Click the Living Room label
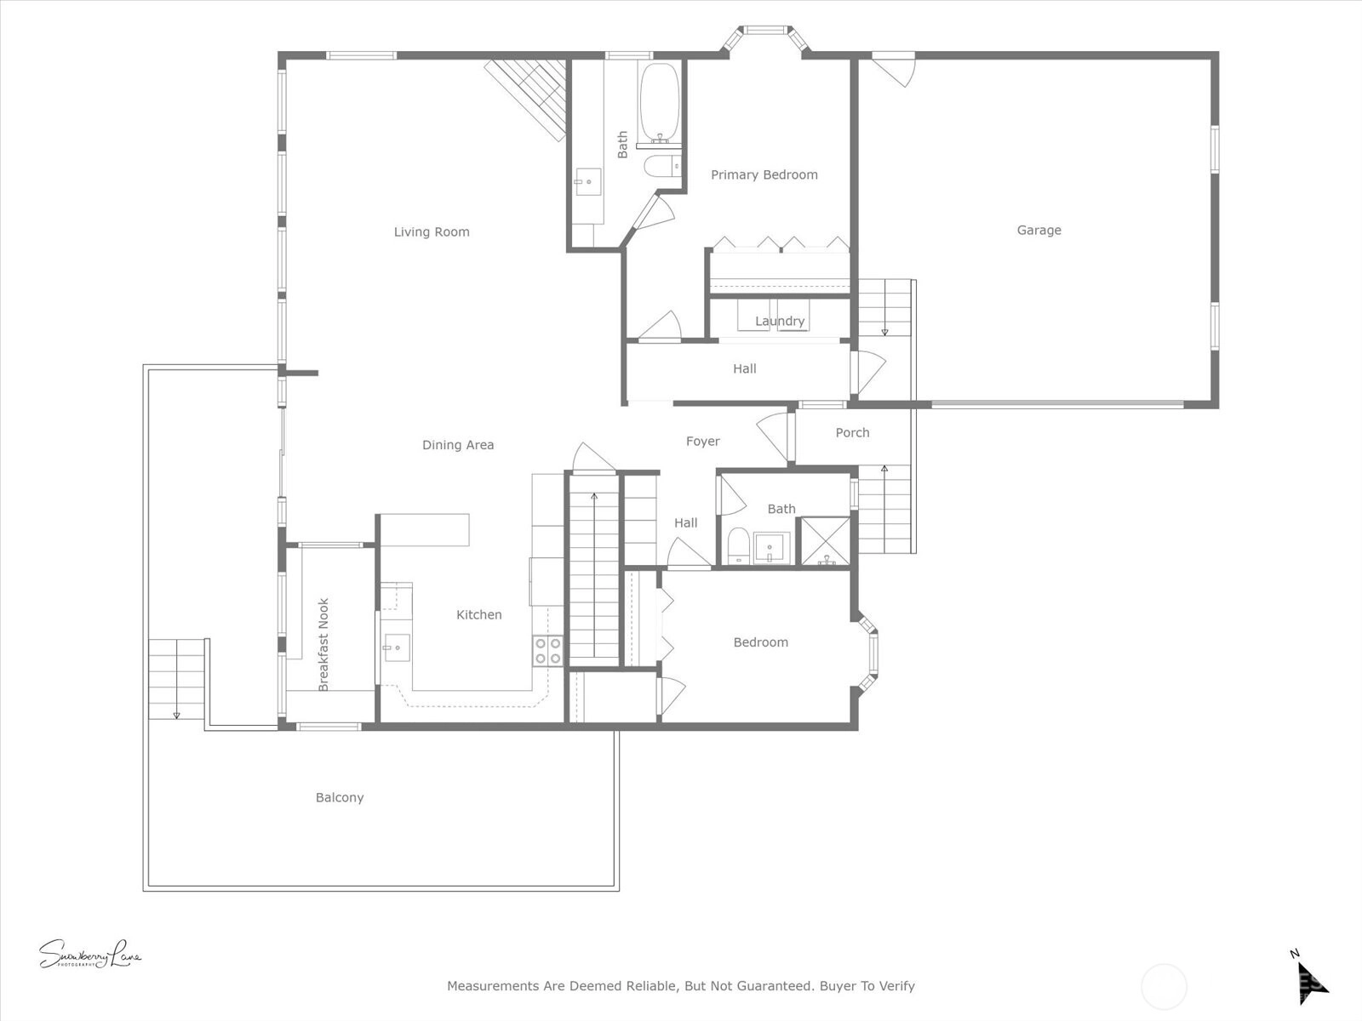tap(432, 231)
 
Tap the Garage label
tap(1039, 230)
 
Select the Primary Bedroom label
tap(764, 174)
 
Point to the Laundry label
tap(780, 321)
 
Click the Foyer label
tap(702, 442)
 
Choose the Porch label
tap(852, 433)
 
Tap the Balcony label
tap(340, 798)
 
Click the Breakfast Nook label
tap(323, 645)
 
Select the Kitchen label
tap(478, 615)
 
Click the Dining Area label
tap(458, 445)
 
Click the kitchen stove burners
tap(548, 651)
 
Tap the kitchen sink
tap(397, 647)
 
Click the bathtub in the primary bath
tap(660, 101)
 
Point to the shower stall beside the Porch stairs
tap(825, 540)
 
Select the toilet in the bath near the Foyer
tap(738, 545)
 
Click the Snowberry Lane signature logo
tap(90, 954)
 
